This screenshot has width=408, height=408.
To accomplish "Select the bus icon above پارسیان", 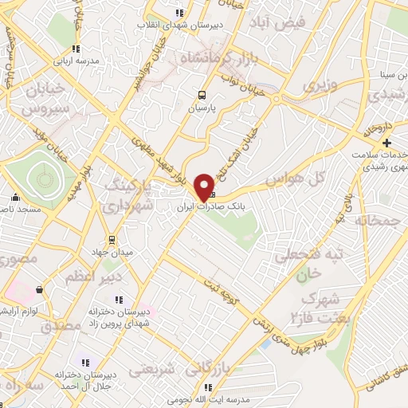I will click(201, 93).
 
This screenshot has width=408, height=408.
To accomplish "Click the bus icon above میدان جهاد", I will click(113, 237).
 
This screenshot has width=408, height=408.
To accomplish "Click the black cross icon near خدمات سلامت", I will click(387, 143).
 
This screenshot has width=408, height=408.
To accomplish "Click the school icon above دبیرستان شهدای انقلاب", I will click(179, 12).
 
